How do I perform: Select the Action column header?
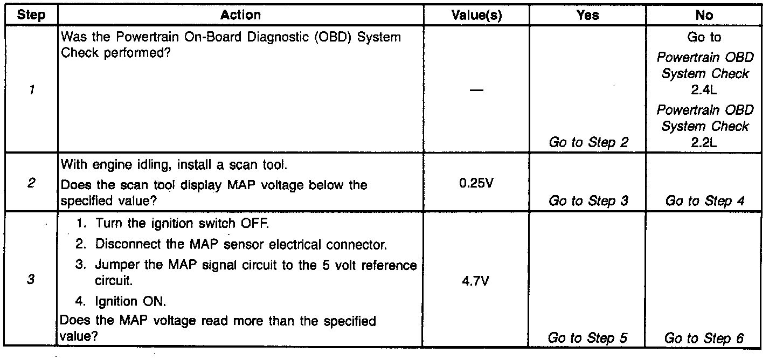pyautogui.click(x=240, y=15)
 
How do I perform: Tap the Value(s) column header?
pyautogui.click(x=476, y=15)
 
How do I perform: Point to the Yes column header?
pyautogui.click(x=587, y=15)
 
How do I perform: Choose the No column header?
pyautogui.click(x=704, y=15)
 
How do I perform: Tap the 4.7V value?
pyautogui.click(x=476, y=281)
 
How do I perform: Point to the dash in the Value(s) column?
pyautogui.click(x=476, y=91)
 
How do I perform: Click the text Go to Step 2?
pyautogui.click(x=588, y=143)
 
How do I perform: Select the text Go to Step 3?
pyautogui.click(x=588, y=201)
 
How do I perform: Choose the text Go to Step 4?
pyautogui.click(x=705, y=201)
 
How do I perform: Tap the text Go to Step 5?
pyautogui.click(x=587, y=338)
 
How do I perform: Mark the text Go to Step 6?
pyautogui.click(x=704, y=338)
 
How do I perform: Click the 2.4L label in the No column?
pyautogui.click(x=704, y=90)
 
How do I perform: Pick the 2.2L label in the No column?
pyautogui.click(x=704, y=143)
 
